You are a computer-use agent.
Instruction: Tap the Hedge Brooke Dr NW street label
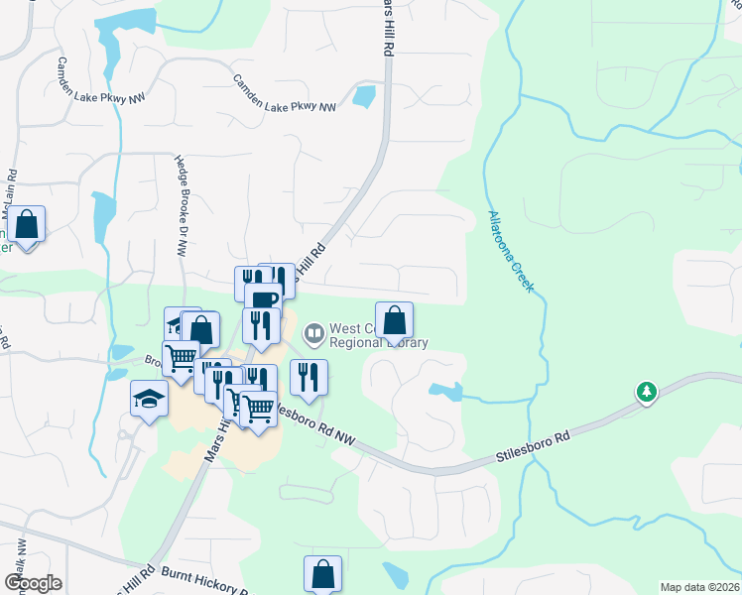coord(182,206)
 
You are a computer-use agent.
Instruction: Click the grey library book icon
coord(314,333)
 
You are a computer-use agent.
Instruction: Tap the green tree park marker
coord(646,393)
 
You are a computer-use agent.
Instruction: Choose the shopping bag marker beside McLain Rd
coord(27,225)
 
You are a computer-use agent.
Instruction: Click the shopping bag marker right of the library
coord(394,320)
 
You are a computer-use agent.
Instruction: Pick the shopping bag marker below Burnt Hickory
coord(322,573)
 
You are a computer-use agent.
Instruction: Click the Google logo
coord(33,583)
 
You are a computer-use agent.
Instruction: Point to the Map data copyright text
coord(700,587)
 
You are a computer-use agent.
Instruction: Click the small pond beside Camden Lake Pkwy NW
coord(364,96)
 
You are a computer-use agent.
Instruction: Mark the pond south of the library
coord(445,392)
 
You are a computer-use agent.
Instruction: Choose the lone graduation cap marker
coord(149,399)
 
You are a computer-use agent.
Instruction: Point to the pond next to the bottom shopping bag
coord(395,574)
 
